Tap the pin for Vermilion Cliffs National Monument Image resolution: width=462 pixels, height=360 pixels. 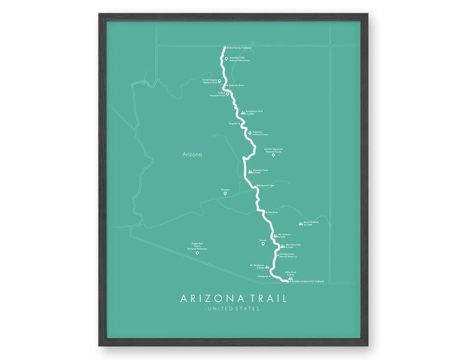[227, 59]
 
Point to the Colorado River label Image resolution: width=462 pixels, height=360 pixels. [236, 85]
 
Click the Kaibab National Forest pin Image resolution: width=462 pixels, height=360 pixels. [228, 93]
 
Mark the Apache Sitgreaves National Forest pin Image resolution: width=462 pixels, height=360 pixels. [273, 155]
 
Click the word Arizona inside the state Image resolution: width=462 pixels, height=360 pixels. [192, 155]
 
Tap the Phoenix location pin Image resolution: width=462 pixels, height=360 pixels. [225, 193]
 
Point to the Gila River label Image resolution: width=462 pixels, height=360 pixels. [272, 213]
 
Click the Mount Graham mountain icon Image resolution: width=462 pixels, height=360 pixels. [300, 223]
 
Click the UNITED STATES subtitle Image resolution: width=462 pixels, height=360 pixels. [233, 308]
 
